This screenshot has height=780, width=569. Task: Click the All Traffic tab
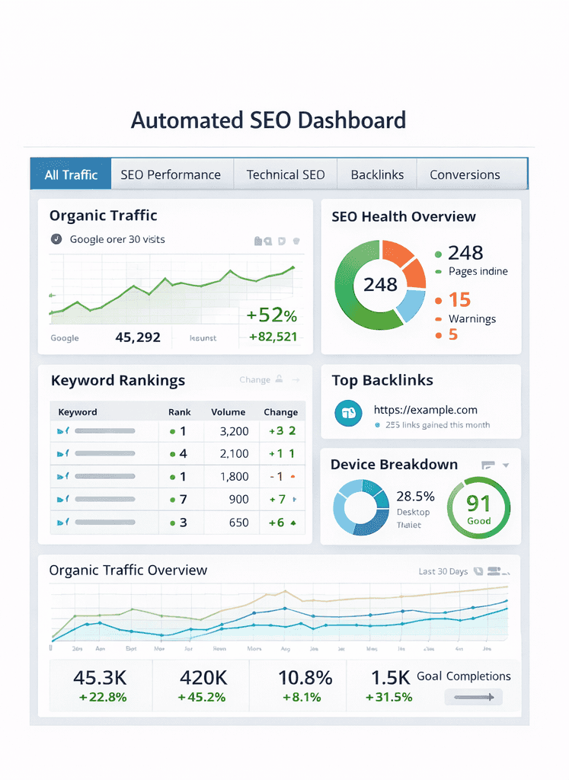point(71,174)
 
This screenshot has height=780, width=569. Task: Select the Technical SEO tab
point(286,174)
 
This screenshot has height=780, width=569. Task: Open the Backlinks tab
point(377,174)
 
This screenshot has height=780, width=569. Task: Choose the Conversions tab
point(465,174)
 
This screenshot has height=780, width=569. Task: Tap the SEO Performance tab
point(171,174)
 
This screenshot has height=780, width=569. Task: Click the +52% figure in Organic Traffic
point(271,315)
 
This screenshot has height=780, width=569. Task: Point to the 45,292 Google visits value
point(138,337)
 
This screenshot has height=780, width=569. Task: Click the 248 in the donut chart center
point(380,285)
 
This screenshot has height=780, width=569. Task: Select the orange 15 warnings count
point(459,299)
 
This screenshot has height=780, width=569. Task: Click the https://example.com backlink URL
point(425,410)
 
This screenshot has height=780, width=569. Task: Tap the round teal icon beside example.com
point(347,413)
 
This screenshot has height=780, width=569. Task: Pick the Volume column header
point(228,412)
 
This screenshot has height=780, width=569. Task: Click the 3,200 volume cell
point(234,431)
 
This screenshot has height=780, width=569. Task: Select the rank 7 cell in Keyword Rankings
point(183,500)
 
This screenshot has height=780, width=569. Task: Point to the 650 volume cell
point(238,523)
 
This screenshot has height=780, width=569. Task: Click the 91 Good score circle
point(478,508)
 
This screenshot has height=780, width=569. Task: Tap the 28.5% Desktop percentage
point(416,497)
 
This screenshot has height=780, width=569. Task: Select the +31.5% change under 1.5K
point(388,697)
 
